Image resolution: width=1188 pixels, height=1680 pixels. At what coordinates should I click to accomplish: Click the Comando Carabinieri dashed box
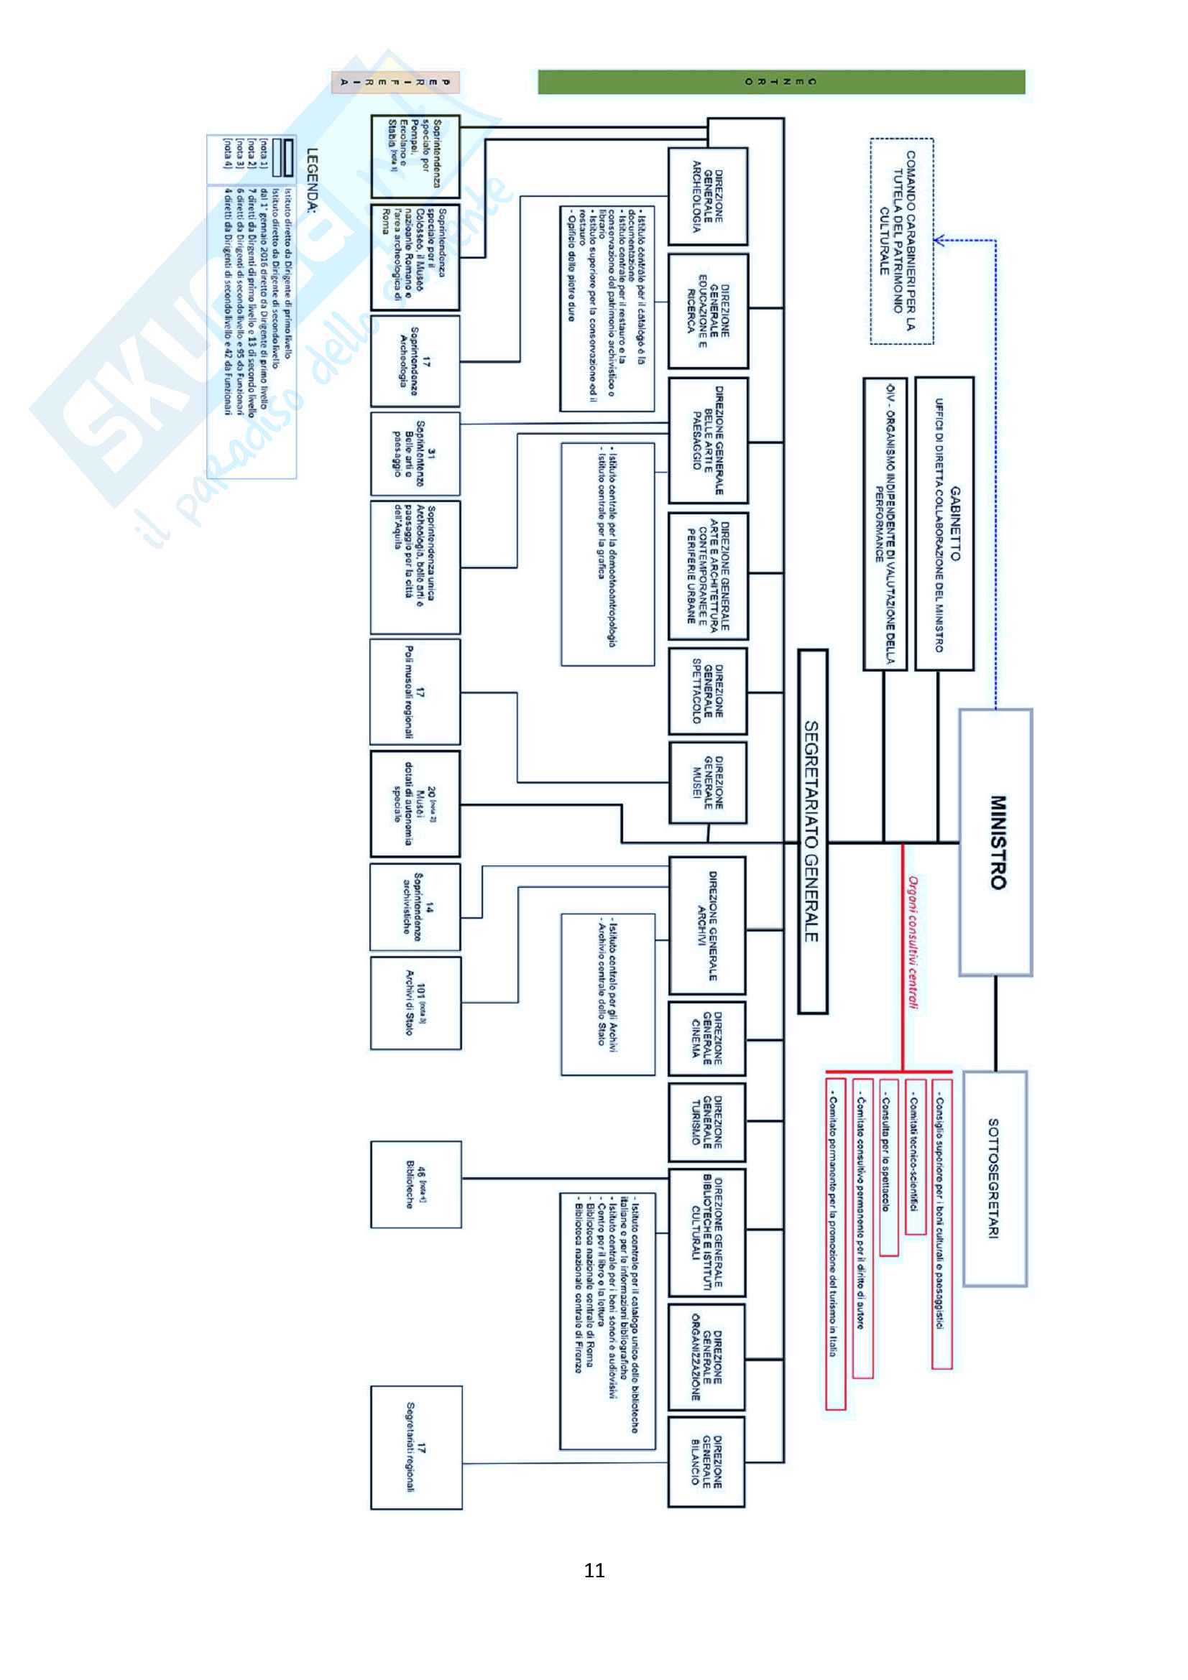(x=901, y=241)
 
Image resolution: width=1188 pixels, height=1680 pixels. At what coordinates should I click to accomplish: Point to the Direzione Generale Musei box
(x=708, y=782)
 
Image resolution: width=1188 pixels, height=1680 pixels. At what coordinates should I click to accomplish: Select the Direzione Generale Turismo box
(x=707, y=1121)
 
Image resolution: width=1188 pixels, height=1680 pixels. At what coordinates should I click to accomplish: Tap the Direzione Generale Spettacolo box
(x=708, y=690)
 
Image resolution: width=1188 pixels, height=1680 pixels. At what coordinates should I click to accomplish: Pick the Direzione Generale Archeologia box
(x=708, y=196)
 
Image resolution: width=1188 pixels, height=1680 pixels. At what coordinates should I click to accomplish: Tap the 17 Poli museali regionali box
(x=415, y=692)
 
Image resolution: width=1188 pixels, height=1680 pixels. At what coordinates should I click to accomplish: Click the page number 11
(x=594, y=1569)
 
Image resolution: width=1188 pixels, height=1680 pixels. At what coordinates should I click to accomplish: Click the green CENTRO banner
(x=781, y=82)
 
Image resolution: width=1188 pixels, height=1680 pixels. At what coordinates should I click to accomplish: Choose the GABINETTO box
(x=944, y=523)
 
